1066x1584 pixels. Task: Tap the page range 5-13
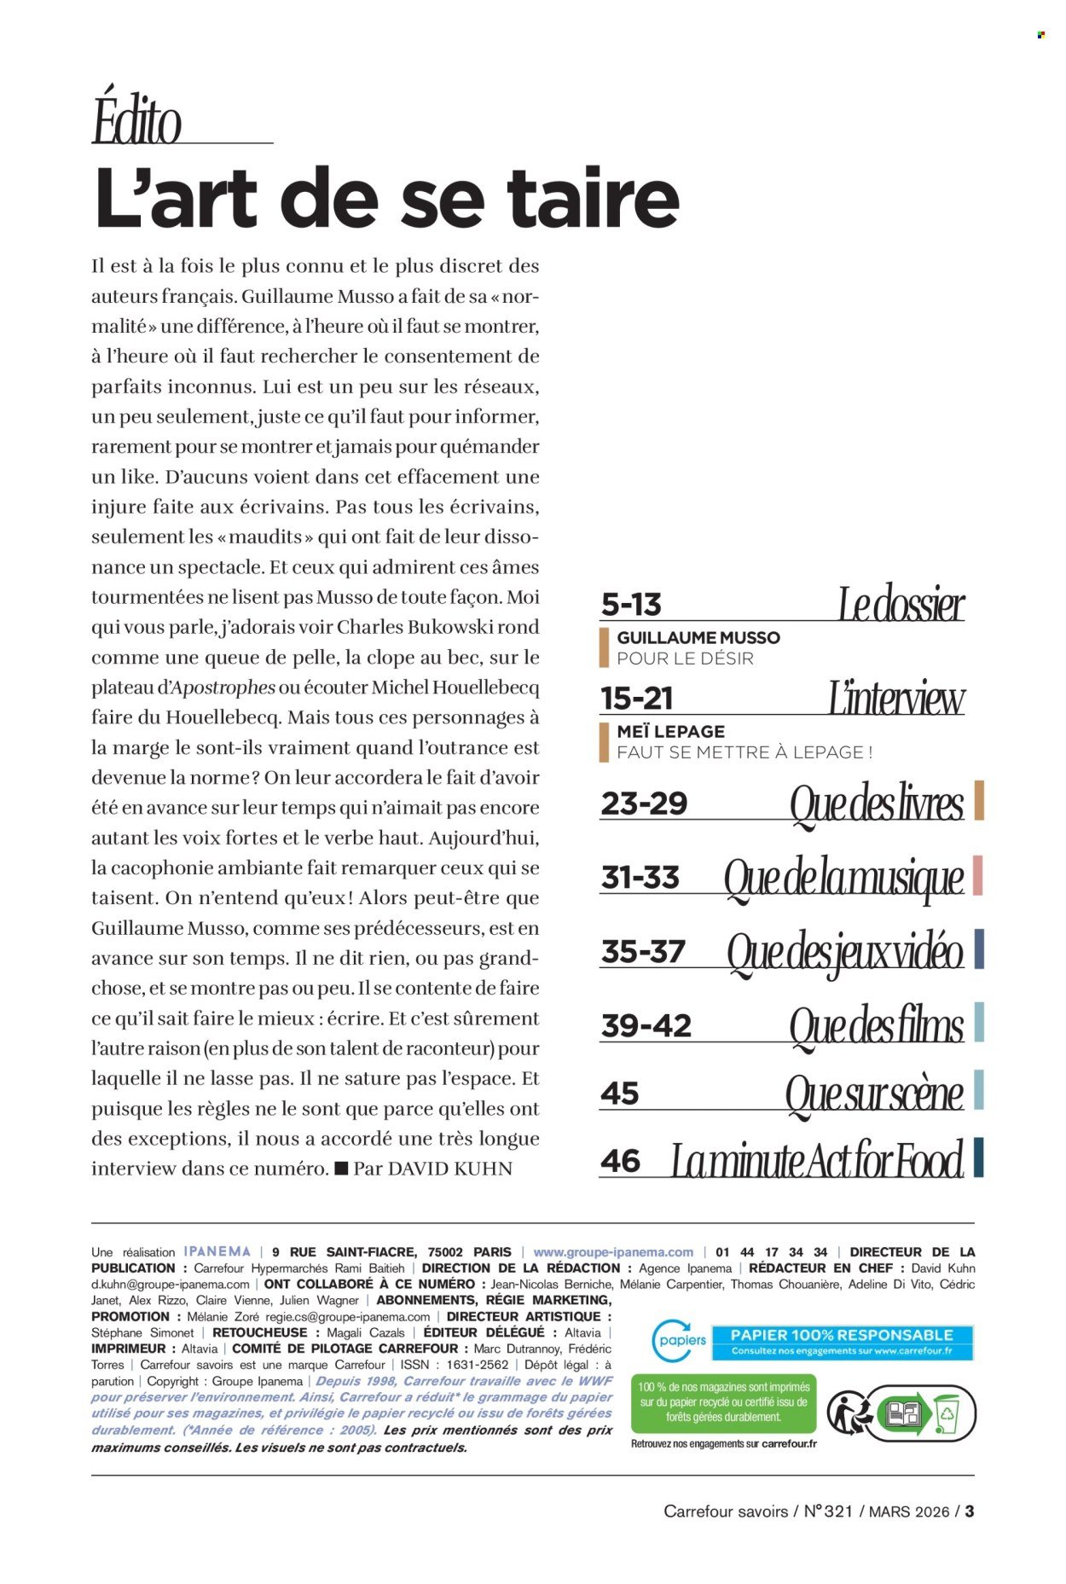631,605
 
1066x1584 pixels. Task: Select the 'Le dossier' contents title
901,605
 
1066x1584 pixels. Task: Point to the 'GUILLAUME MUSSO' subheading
698,638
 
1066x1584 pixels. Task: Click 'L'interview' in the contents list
896,699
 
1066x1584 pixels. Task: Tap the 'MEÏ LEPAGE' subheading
671,732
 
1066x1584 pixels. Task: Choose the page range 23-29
644,804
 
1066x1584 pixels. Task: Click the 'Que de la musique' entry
843,879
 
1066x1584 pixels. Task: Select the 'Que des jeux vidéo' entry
844,952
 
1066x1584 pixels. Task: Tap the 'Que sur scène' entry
874,1094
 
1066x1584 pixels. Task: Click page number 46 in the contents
620,1161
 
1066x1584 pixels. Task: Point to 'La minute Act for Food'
817,1161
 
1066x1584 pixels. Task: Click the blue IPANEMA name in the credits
217,1251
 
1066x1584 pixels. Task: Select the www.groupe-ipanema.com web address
613,1252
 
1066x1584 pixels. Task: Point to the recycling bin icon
947,1413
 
